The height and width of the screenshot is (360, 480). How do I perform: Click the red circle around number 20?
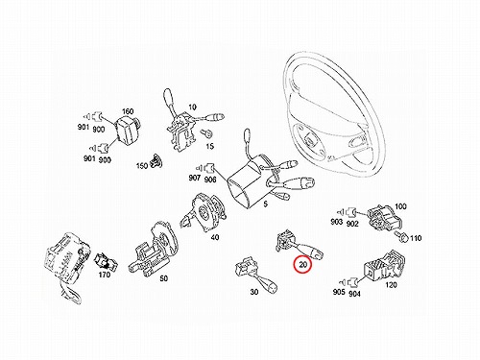point(302,264)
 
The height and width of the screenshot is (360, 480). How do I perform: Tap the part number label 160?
point(128,111)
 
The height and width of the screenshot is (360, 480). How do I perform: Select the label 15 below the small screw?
point(209,147)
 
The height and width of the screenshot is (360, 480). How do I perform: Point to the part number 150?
point(142,166)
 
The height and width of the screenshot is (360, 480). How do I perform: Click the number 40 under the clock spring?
point(215,237)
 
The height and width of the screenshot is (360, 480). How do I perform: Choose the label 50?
point(163,278)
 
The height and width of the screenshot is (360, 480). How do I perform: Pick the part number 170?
point(105,275)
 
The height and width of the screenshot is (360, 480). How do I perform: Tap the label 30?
point(254,292)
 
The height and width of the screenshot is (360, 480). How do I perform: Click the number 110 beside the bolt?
point(416,238)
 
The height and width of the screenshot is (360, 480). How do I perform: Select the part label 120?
point(391,284)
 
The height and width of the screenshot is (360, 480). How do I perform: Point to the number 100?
point(400,206)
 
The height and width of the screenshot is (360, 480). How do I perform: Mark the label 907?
point(194,178)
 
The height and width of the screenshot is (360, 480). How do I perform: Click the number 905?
point(339,292)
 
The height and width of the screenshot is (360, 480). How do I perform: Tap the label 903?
point(336,222)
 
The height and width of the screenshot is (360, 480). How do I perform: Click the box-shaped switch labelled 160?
point(126,130)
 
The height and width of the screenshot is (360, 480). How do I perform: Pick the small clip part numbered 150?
point(156,160)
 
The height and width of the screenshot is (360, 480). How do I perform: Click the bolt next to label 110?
point(402,235)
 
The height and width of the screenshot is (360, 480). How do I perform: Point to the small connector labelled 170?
point(105,261)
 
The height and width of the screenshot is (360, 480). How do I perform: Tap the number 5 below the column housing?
point(265,204)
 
